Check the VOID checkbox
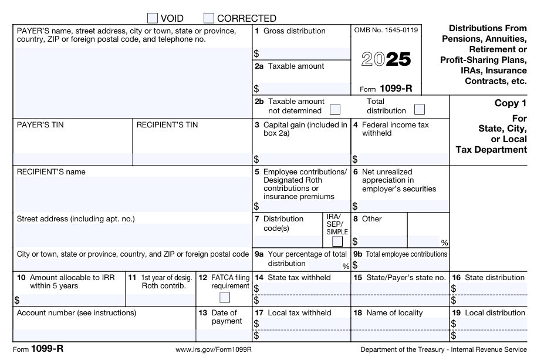point(152,18)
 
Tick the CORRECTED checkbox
point(208,18)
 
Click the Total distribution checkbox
point(419,109)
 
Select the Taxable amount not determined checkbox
point(335,109)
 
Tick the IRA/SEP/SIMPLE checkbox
point(337,241)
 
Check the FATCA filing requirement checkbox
point(224,296)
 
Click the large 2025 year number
point(386,60)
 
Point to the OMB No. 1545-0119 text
point(386,30)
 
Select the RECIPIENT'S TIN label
point(167,125)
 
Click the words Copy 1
point(511,103)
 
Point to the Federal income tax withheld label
point(395,129)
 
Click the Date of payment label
point(226,317)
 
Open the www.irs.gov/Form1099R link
point(214,349)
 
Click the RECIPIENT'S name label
point(51,171)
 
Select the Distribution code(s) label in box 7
point(283,223)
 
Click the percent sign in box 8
point(444,243)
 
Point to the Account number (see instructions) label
point(76,312)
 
